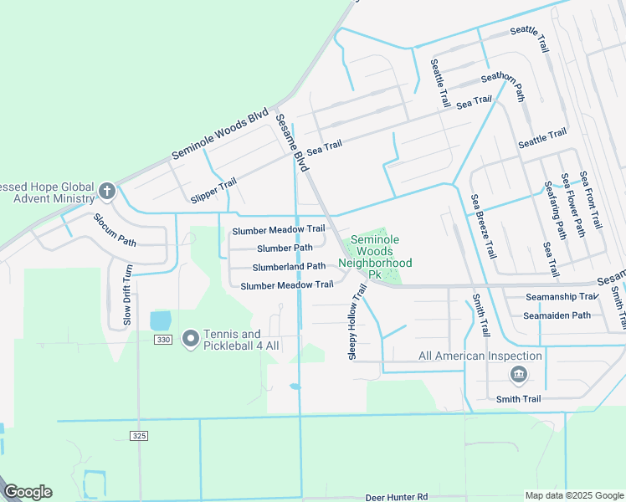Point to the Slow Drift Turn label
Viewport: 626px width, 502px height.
(128, 295)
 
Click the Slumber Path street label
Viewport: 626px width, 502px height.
(285, 248)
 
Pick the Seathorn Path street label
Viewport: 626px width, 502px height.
(503, 85)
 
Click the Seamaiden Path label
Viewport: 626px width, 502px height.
(557, 315)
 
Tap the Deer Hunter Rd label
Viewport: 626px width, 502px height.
(397, 497)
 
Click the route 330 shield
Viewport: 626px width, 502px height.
(163, 340)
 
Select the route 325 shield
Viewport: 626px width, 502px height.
(140, 436)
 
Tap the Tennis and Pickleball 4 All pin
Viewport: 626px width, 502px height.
(190, 339)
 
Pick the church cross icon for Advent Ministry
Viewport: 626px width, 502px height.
(106, 192)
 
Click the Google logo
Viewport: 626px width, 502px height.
(28, 492)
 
